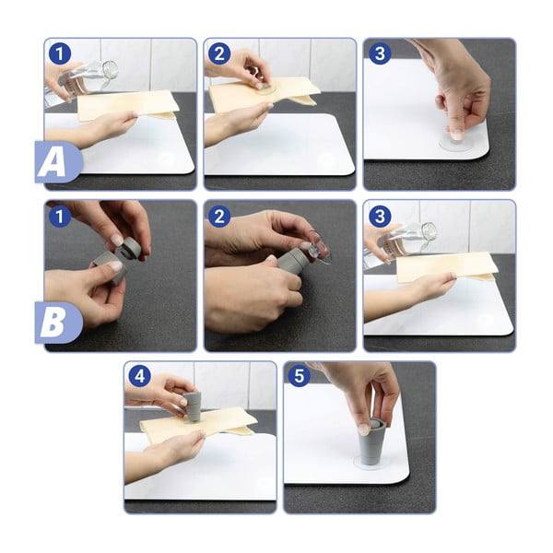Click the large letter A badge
(x=58, y=162)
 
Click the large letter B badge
(x=58, y=324)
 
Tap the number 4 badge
(x=140, y=376)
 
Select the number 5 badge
(x=299, y=376)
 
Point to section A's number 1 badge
(x=60, y=53)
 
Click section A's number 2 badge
(x=219, y=53)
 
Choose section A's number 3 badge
(x=380, y=53)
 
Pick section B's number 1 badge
(x=60, y=216)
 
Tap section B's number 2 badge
(x=219, y=216)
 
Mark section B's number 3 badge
(x=380, y=216)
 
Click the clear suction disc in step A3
(x=457, y=144)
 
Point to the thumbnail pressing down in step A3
(x=458, y=135)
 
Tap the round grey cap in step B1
(x=132, y=248)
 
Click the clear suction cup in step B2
(x=319, y=252)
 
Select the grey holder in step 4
(x=193, y=406)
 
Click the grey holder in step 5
(x=372, y=442)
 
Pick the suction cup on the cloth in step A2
(x=265, y=88)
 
